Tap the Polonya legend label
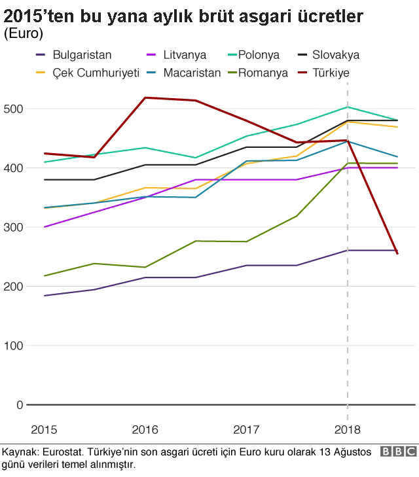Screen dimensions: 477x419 point(259,55)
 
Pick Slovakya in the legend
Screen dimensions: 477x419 point(335,55)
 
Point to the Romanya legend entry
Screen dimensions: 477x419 point(263,73)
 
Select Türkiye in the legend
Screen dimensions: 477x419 point(331,73)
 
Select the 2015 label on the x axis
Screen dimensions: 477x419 point(44,430)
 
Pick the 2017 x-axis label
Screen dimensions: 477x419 point(246,430)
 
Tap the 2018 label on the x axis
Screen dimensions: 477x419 point(347,430)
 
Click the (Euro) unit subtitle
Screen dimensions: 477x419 point(24,33)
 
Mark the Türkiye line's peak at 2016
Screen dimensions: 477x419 point(145,97)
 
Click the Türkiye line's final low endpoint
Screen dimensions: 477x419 point(397,253)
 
